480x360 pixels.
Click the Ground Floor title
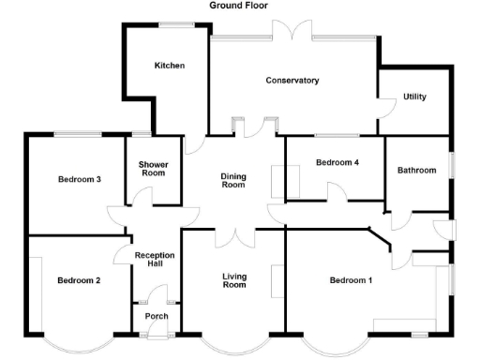tap(238, 6)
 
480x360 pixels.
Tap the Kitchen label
tap(170, 66)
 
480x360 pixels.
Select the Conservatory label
tap(292, 81)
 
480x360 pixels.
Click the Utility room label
tap(414, 97)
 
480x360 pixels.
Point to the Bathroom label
tap(416, 171)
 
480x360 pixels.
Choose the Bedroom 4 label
tap(337, 162)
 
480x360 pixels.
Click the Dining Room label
tap(232, 180)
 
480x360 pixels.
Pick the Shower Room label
tap(153, 169)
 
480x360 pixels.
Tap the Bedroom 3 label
tap(79, 179)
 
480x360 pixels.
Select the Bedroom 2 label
tap(79, 280)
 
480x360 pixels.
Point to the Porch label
tap(156, 316)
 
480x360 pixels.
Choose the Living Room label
tap(233, 280)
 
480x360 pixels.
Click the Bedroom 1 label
tap(351, 280)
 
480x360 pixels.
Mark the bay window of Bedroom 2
tap(79, 344)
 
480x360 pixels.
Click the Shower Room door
tap(141, 198)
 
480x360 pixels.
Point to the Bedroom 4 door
tap(336, 191)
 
